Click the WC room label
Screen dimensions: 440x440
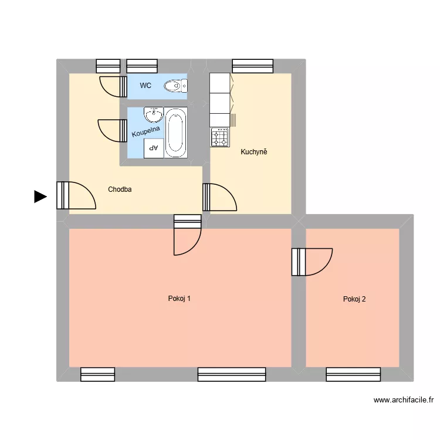pyautogui.click(x=145, y=86)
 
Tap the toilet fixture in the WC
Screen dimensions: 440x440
pyautogui.click(x=174, y=86)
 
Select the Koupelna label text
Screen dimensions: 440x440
pyautogui.click(x=145, y=129)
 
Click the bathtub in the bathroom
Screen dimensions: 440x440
pyautogui.click(x=175, y=133)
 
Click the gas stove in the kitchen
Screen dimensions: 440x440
pyautogui.click(x=221, y=138)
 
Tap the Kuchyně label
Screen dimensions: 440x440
pyautogui.click(x=253, y=153)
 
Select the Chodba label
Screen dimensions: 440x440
pyautogui.click(x=120, y=189)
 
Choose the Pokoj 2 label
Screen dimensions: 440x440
pyautogui.click(x=354, y=299)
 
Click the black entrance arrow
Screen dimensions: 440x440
pyautogui.click(x=40, y=197)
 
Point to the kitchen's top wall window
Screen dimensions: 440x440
pyautogui.click(x=253, y=66)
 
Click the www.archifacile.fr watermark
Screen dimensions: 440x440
pyautogui.click(x=404, y=401)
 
